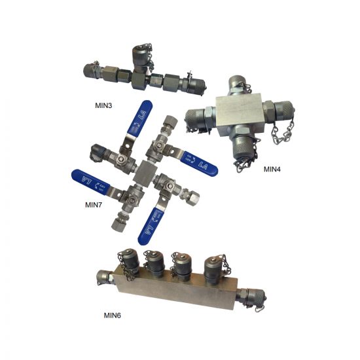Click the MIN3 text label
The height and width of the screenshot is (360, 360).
click(105, 104)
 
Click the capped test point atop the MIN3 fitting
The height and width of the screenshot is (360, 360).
click(141, 54)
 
